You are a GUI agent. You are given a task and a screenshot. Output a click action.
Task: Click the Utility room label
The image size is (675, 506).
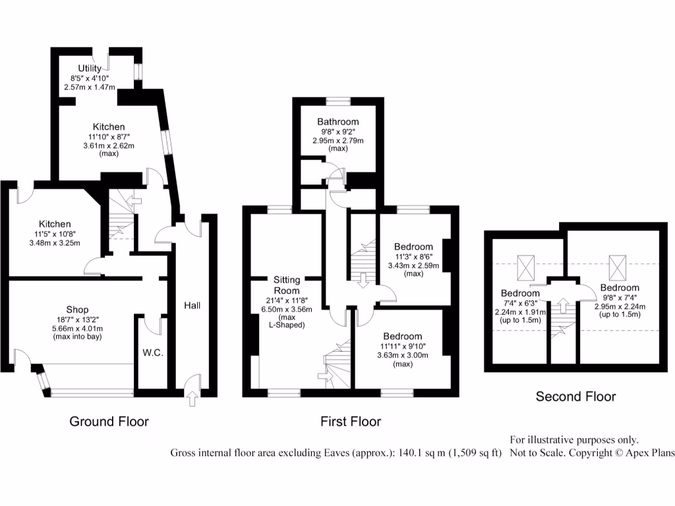(90, 68)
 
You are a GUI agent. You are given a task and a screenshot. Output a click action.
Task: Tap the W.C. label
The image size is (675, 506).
(152, 352)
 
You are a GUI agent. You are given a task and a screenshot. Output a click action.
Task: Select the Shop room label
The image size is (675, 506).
(77, 310)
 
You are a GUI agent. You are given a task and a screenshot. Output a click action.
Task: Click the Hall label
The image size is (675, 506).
(192, 305)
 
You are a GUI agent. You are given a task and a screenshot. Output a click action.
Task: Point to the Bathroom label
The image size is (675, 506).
(337, 122)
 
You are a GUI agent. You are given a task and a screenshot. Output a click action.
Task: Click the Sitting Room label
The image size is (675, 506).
(287, 285)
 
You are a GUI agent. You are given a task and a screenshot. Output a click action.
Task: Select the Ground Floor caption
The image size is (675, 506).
(109, 421)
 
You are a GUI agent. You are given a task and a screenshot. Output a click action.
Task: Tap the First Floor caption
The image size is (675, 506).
(351, 421)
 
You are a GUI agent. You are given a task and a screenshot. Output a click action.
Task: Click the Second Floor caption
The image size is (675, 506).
(575, 396)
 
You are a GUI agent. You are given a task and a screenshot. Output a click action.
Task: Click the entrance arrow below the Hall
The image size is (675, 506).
(192, 398)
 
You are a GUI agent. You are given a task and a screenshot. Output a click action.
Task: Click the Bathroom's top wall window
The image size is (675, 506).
(337, 101)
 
